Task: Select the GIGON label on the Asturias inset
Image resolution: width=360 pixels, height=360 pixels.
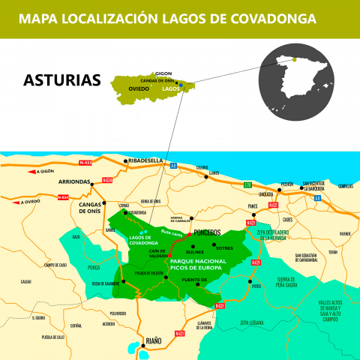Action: pos(143,74)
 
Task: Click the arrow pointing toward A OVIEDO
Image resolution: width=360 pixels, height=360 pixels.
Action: pos(18,201)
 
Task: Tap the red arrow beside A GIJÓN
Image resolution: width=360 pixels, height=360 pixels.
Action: pos(30,172)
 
